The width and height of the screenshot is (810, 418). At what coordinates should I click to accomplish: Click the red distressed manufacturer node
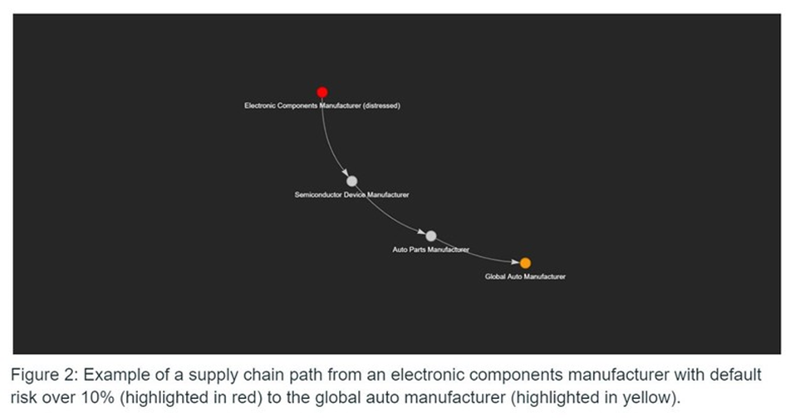(322, 92)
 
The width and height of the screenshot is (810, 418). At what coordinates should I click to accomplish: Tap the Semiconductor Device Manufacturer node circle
(351, 181)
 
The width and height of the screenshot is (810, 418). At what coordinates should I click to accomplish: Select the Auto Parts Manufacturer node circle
(430, 236)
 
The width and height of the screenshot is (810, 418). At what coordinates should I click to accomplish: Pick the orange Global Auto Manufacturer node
(525, 263)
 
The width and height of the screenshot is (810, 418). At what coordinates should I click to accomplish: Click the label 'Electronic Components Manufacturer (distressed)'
(322, 106)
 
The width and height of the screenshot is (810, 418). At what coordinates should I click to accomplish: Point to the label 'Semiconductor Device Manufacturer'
(351, 194)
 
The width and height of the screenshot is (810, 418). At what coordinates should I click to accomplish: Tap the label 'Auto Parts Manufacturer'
(430, 249)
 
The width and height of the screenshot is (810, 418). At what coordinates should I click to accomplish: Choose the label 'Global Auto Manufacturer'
(525, 277)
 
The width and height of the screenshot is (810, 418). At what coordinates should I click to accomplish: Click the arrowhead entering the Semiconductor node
(345, 172)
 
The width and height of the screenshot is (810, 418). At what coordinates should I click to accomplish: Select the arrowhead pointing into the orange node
(514, 262)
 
